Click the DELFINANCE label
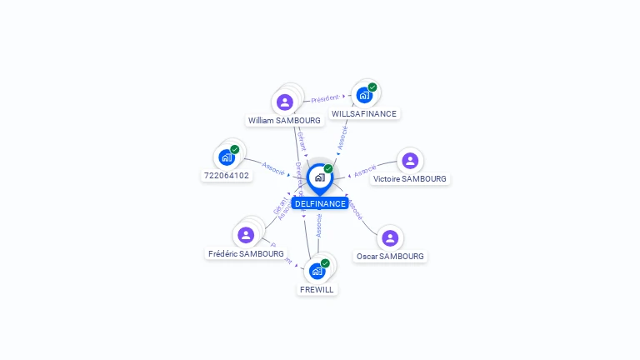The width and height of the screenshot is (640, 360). [x=320, y=203]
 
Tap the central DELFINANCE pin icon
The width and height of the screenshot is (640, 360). [x=319, y=177]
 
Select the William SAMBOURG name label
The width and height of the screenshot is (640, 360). [x=284, y=120]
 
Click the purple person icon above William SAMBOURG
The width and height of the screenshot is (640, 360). [x=285, y=102]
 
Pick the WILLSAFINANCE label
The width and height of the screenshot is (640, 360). [x=364, y=113]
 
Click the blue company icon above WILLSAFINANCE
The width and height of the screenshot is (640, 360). [x=364, y=95]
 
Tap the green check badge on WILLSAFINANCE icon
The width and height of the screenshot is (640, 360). [x=372, y=87]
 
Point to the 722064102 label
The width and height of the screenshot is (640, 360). [x=227, y=175]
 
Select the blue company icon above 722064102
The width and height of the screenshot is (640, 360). [x=226, y=157]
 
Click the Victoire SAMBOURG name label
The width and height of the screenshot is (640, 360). [x=410, y=178]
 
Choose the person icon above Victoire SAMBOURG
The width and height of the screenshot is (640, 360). [x=409, y=161]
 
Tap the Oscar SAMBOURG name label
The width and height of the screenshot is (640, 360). [x=390, y=256]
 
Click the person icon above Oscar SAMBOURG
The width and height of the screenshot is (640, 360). [x=390, y=238]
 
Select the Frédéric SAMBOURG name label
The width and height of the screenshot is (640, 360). [x=246, y=253]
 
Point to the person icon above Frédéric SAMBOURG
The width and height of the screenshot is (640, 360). [x=246, y=235]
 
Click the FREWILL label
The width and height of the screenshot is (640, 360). [x=317, y=289]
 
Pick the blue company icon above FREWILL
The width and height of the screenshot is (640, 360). [x=317, y=271]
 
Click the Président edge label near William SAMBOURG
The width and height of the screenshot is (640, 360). [x=324, y=98]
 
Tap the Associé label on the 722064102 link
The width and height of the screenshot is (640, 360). [x=273, y=167]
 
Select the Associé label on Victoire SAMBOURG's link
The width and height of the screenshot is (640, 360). [x=364, y=172]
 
